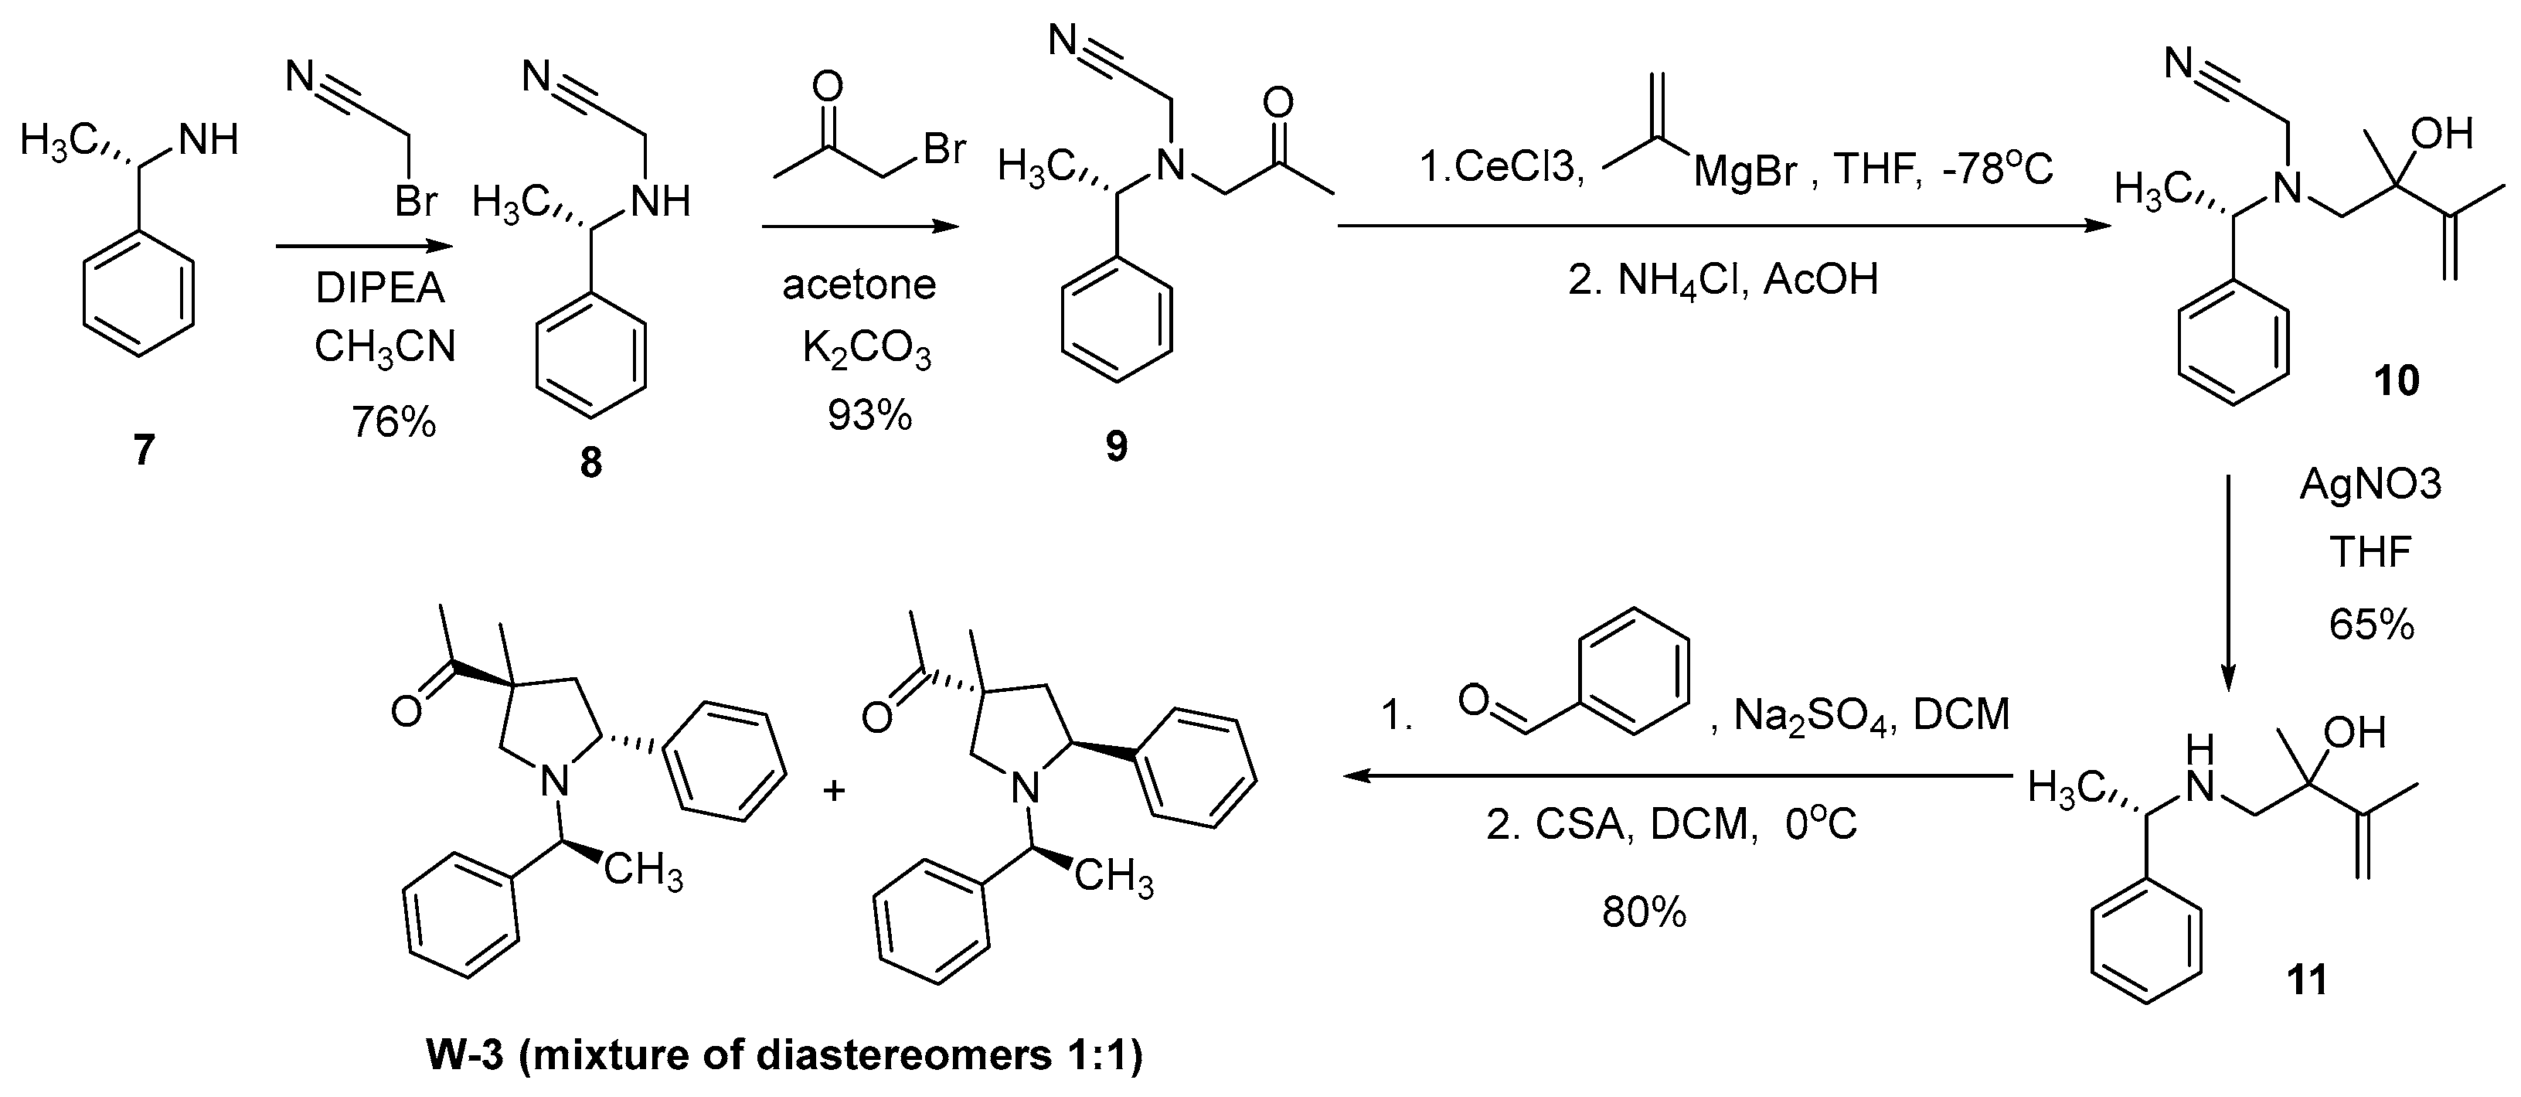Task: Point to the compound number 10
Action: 2396,380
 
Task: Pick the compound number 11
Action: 2307,979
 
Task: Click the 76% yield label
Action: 393,423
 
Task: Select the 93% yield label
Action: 869,416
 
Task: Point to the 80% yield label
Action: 1644,913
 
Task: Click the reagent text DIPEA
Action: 379,288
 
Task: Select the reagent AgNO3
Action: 2370,483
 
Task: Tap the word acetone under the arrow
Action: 859,284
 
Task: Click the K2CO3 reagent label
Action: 867,350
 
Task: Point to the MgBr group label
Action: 1745,172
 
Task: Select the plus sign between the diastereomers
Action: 834,790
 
